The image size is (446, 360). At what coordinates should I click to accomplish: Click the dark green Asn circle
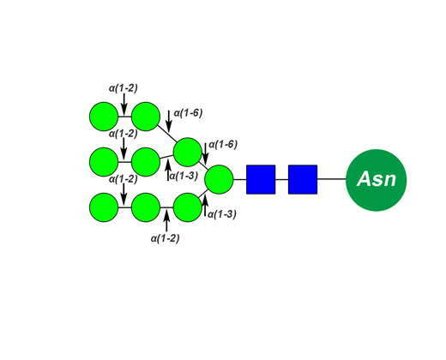376,180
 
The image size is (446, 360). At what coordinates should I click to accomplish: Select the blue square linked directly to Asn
303,179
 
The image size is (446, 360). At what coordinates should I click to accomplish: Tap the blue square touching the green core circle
261,179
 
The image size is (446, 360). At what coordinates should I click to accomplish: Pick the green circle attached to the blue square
219,179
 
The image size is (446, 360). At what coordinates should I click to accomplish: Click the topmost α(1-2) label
124,88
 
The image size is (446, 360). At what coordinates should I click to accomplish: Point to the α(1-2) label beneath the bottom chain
166,238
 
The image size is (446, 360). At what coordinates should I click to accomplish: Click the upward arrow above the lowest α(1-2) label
166,220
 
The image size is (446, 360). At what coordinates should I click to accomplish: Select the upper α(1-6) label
189,113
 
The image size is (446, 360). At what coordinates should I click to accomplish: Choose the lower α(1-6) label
223,145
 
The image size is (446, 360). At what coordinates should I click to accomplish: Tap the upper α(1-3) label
184,176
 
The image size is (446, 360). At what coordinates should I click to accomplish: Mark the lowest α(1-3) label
222,214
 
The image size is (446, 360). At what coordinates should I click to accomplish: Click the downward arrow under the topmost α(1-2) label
124,104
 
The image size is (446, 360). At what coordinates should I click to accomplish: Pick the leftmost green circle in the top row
104,117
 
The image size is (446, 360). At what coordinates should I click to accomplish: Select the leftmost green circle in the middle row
104,162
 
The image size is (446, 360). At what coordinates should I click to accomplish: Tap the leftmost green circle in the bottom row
104,207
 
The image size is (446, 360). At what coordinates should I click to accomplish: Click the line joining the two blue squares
282,179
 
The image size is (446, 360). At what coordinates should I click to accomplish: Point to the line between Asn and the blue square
332,179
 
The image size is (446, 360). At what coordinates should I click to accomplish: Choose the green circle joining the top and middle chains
188,152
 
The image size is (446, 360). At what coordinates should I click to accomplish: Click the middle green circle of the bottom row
146,207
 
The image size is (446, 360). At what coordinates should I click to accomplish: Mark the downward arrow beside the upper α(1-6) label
169,122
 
